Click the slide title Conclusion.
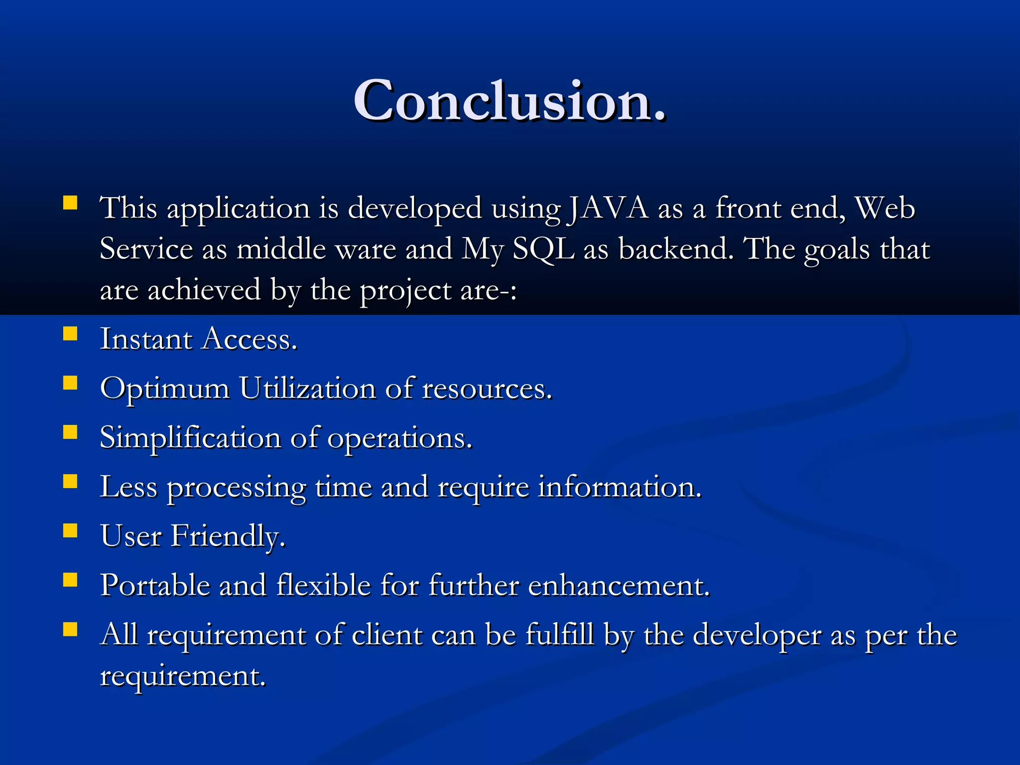[509, 101]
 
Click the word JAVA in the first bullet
[608, 208]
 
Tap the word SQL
[543, 249]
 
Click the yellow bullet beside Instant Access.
[70, 333]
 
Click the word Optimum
[164, 388]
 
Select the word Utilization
[307, 388]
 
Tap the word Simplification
[190, 438]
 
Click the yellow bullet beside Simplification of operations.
[70, 432]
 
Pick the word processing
[236, 488]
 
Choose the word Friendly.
[228, 536]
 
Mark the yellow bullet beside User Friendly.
[70, 530]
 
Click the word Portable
[155, 585]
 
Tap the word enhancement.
[619, 585]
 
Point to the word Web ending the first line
[885, 208]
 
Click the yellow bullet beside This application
[70, 203]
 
